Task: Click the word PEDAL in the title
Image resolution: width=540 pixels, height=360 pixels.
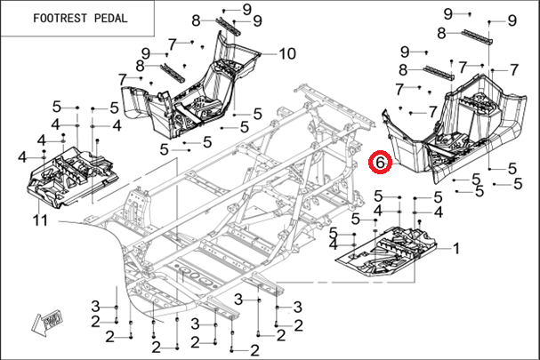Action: coord(109,18)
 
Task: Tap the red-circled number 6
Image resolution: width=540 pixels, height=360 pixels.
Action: coord(380,164)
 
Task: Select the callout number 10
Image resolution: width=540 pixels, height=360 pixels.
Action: coord(286,53)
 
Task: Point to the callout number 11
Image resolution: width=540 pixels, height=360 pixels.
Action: coord(41,219)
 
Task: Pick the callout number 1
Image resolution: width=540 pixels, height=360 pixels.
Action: coord(457,249)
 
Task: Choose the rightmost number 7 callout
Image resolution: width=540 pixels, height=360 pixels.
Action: coord(514,69)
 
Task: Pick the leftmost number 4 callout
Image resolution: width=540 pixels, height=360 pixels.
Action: coord(20,156)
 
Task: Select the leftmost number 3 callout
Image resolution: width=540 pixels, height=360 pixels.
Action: coord(95,306)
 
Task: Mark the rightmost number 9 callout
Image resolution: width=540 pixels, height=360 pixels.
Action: coord(512,20)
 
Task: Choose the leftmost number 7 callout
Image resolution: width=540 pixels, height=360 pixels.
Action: coord(122,79)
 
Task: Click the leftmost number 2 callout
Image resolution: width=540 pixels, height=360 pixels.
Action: coord(109,335)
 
